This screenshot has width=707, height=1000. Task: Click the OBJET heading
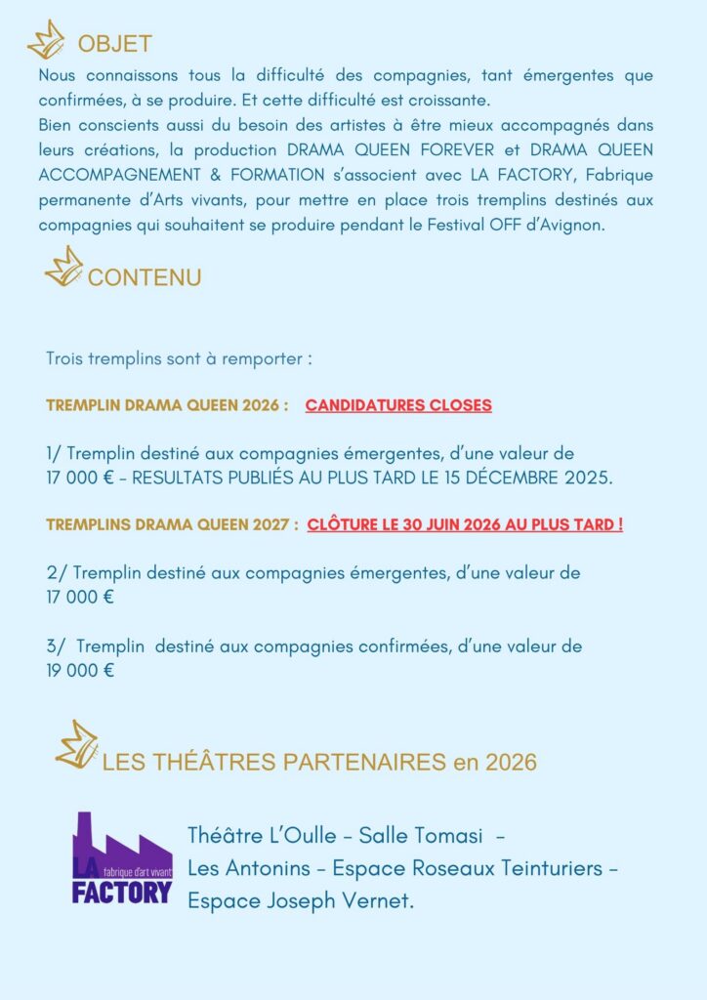[x=114, y=44]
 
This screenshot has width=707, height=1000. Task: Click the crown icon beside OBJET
[x=45, y=40]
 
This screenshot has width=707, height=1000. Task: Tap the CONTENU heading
[x=145, y=277]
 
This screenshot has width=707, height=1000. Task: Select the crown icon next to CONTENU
[x=64, y=267]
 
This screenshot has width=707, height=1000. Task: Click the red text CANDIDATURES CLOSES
[x=398, y=405]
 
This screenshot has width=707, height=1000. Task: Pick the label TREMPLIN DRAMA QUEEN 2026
[x=167, y=405]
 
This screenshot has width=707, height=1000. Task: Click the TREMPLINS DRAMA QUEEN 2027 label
[x=172, y=524]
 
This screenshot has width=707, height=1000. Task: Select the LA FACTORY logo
[x=122, y=857]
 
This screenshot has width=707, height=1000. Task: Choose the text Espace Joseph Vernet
[x=301, y=900]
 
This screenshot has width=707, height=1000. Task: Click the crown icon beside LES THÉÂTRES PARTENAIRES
[x=76, y=744]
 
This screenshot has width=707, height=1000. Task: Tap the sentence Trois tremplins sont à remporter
[x=179, y=358]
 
